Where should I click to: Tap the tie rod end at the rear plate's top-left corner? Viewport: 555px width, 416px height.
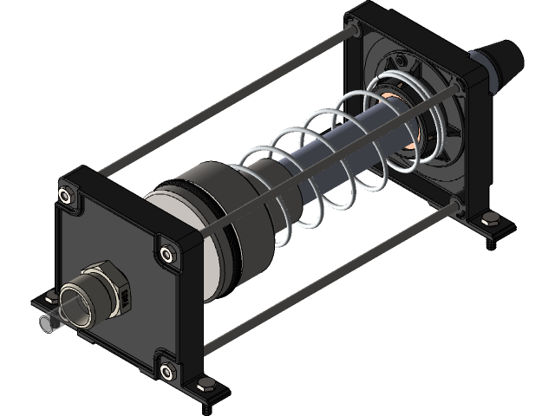coord(356,29)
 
